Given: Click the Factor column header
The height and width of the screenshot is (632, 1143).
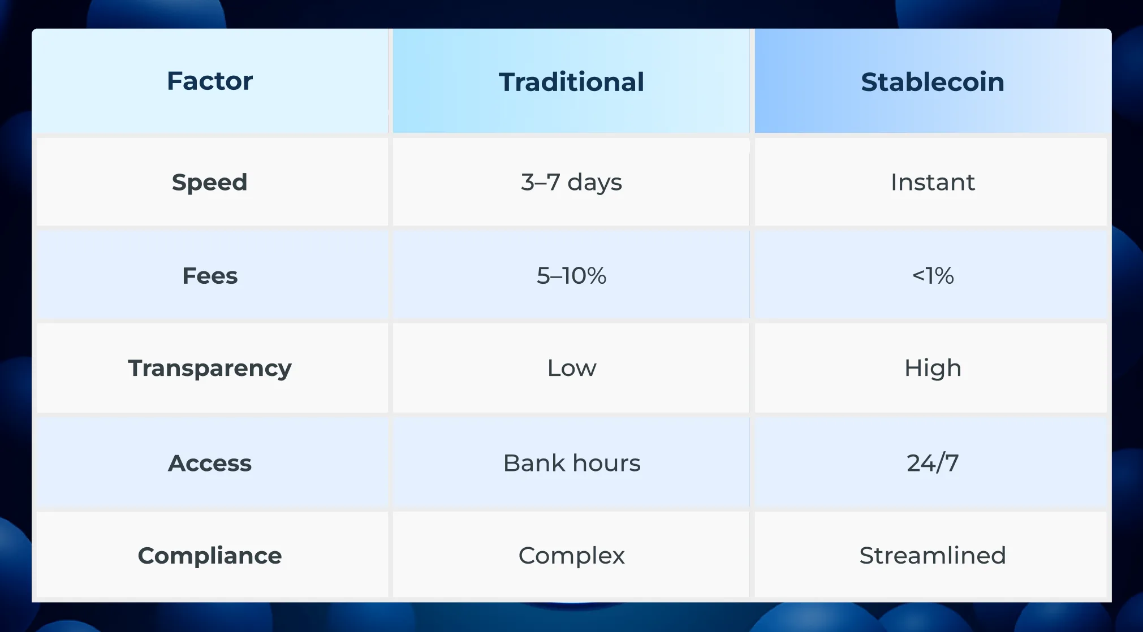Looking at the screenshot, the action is (210, 81).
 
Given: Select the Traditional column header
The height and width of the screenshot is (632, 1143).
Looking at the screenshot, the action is (571, 82).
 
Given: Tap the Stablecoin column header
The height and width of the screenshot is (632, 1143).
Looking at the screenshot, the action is (933, 82).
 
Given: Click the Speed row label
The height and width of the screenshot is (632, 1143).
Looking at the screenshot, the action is (210, 183).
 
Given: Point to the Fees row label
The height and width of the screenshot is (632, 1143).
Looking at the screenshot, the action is (210, 276).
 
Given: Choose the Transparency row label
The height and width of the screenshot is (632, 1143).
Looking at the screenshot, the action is (210, 369).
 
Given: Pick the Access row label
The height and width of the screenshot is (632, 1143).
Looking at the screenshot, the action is (210, 463).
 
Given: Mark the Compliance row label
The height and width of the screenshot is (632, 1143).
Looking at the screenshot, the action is (210, 556).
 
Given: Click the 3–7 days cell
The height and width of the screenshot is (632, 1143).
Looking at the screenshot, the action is (571, 183).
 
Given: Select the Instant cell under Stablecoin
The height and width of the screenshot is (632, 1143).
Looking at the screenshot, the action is (933, 182).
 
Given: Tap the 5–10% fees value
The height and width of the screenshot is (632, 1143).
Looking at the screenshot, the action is (571, 276).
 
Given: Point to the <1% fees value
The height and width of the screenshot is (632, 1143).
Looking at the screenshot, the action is (933, 276).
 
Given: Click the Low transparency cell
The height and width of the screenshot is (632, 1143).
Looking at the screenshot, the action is (571, 368).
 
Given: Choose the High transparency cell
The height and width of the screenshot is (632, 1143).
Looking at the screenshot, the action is (933, 369).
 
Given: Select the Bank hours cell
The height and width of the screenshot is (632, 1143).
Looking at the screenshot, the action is (571, 463).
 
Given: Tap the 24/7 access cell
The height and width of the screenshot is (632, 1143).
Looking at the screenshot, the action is (933, 463).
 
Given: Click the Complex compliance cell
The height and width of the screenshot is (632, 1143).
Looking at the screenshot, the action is (571, 556).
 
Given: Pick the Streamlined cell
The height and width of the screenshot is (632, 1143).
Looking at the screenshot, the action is (933, 555).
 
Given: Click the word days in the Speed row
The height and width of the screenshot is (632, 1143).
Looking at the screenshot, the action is (594, 183).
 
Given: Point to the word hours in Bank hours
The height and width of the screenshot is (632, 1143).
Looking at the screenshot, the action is (606, 463).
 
